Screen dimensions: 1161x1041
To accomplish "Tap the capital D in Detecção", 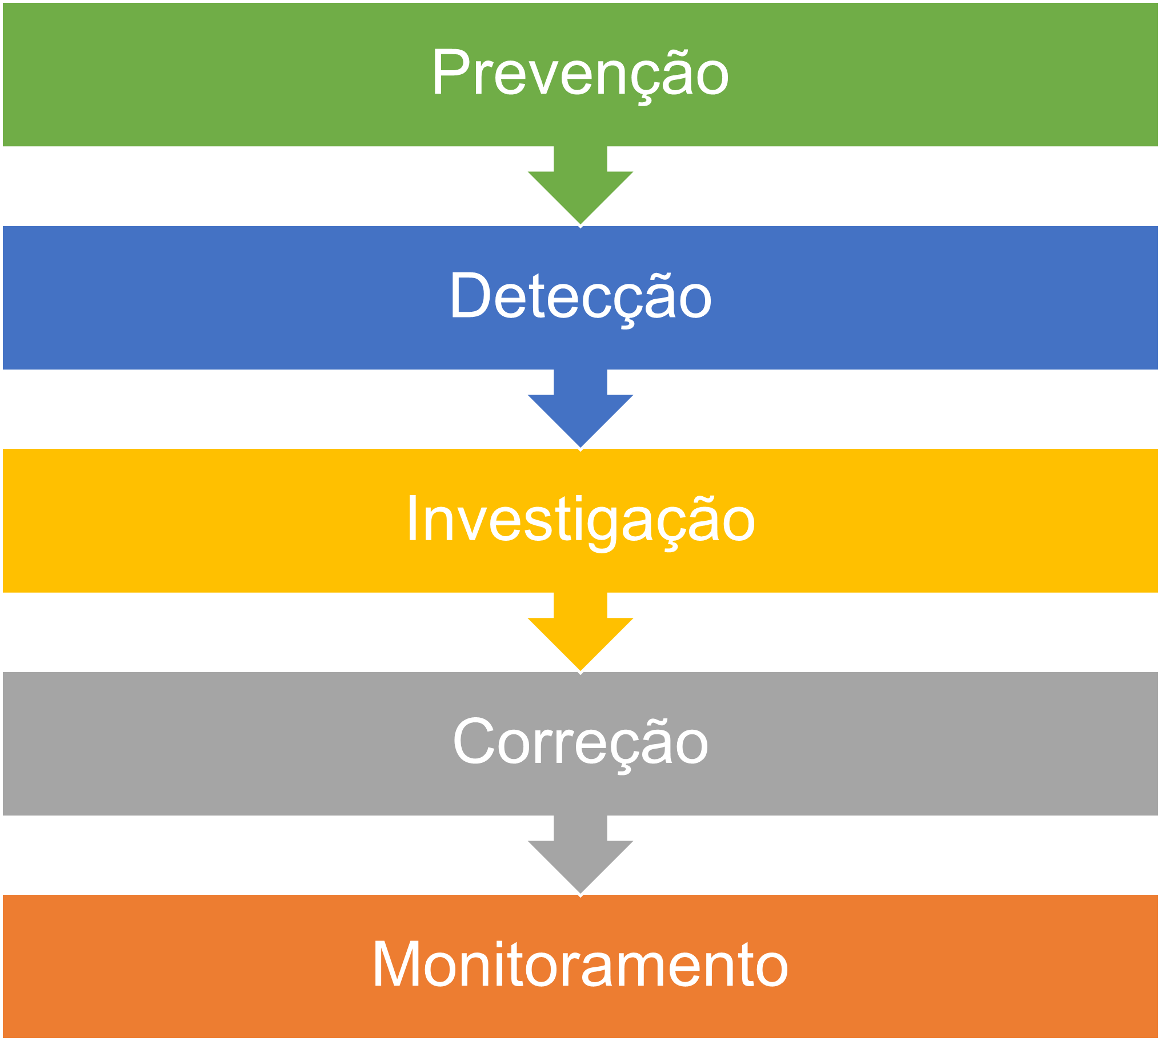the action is tap(470, 294).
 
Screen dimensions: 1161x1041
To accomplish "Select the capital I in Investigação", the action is tap(412, 517).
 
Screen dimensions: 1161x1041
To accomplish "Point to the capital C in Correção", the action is tap(474, 741).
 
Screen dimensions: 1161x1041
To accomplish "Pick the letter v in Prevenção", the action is tap(542, 77).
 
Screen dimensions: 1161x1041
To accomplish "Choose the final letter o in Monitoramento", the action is tap(770, 970).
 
